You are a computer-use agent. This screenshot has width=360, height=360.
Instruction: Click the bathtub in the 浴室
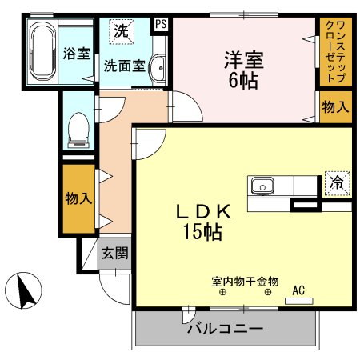click(41, 53)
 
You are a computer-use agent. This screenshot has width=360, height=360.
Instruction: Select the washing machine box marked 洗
click(121, 33)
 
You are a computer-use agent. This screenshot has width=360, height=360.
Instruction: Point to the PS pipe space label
click(162, 24)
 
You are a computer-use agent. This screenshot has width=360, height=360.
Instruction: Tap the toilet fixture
click(78, 130)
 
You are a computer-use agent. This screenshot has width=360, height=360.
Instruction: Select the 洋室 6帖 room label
click(242, 69)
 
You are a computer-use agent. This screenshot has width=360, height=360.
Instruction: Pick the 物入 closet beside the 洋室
click(335, 106)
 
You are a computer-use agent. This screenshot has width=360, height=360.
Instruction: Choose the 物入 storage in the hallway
click(79, 198)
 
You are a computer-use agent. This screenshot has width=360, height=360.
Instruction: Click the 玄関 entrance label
click(114, 254)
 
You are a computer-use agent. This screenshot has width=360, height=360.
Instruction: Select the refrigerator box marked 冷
click(337, 182)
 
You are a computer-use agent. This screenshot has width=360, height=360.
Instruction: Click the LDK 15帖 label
click(204, 222)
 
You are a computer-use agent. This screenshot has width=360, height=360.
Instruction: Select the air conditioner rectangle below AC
click(299, 301)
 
